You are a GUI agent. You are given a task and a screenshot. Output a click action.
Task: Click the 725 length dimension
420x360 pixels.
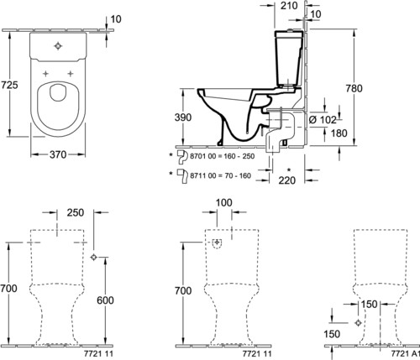pos(9,85)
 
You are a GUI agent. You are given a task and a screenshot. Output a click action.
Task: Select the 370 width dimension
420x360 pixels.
pos(58,154)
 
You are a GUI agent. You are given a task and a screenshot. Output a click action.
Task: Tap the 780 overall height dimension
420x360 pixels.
pos(354,88)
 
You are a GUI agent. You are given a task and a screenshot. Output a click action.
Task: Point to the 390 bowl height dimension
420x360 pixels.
pos(183,117)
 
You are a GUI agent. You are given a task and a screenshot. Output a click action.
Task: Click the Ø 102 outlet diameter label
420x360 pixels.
pos(322,120)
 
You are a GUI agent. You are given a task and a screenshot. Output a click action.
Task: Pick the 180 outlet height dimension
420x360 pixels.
pos(339,133)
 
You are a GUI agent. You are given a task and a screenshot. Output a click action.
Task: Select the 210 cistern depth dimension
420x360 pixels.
pos(289,5)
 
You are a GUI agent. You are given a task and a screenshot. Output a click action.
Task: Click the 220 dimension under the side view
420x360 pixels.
pos(287,180)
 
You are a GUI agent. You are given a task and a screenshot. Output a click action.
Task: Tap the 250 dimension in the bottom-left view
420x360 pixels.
pos(76,212)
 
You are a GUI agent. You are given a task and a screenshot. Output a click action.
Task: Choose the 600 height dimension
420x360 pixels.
pos(105,300)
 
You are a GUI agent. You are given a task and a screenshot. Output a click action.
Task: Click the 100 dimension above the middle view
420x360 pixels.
pos(224,202)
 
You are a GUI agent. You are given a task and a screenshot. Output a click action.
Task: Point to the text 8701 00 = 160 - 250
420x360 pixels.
pos(223,156)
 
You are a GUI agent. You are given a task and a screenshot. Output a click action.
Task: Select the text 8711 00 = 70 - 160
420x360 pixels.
pos(220,175)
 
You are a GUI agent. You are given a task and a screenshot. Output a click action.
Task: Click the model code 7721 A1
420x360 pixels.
pos(405,353)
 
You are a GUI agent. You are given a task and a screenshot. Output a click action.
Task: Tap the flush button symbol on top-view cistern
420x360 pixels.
pos(58,46)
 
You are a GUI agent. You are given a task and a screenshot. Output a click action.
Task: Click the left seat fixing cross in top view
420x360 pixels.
pos(45,74)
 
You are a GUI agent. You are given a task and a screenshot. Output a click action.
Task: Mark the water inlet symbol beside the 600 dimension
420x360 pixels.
pos(94,257)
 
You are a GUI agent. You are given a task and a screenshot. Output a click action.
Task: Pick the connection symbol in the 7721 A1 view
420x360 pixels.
pos(358,323)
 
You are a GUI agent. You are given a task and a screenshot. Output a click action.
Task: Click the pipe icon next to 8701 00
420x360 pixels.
pos(182,157)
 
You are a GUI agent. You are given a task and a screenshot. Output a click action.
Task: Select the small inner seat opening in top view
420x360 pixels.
pos(58,93)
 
